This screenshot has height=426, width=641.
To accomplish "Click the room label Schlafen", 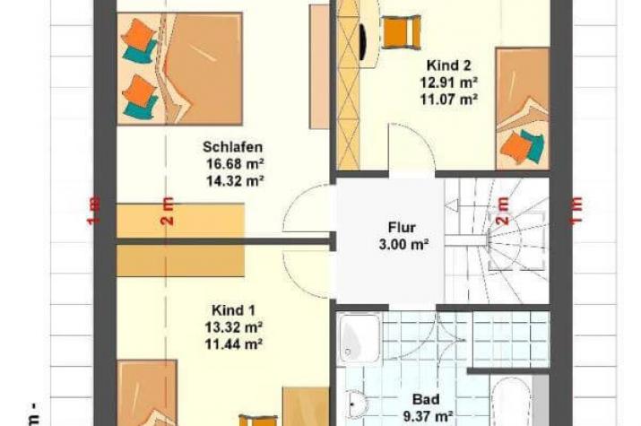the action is (x=232, y=147).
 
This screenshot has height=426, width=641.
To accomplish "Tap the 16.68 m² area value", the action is (x=235, y=164).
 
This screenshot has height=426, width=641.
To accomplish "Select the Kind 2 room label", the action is (x=448, y=65).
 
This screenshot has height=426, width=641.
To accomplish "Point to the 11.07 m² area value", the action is (x=449, y=99).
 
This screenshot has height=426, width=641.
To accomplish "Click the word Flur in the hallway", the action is (x=402, y=227).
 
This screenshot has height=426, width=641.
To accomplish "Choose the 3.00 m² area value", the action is (x=403, y=245).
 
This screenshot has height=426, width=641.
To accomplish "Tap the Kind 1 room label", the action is (x=233, y=310).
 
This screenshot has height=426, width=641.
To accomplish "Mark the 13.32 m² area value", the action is (x=233, y=327).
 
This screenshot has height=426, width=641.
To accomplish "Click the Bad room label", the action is (x=426, y=399).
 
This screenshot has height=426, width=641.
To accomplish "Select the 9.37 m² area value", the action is (x=428, y=417).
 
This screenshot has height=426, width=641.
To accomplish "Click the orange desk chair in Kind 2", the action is (x=402, y=32).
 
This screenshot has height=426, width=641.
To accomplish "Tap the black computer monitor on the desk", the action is (x=363, y=42).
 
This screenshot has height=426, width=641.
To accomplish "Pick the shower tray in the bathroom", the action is (x=359, y=338).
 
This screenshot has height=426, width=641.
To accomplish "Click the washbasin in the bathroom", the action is (x=358, y=404).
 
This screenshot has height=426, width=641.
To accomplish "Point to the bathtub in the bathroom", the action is (x=511, y=402).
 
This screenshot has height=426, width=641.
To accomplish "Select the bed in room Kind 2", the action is (x=523, y=109).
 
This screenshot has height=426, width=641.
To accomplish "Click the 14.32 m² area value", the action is (x=235, y=180).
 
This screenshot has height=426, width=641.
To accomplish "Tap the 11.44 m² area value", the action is (x=233, y=344).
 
